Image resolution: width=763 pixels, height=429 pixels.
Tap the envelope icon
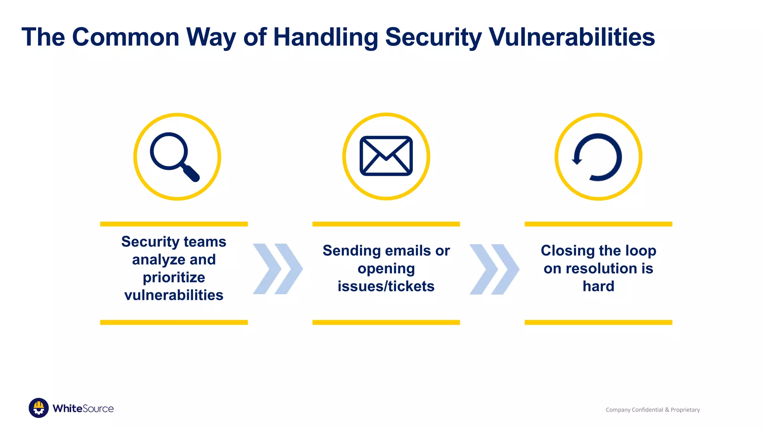[x=386, y=156]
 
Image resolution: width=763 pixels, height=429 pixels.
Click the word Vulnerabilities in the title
[x=572, y=37]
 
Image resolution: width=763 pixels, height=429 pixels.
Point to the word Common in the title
[x=126, y=37]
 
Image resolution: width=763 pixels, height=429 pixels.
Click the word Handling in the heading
[x=325, y=37]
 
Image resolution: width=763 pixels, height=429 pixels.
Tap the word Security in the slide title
[x=433, y=37]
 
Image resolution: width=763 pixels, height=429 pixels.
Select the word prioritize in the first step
[x=174, y=277]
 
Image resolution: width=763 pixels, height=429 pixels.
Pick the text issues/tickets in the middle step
[x=386, y=286]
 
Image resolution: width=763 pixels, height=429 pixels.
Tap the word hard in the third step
[x=598, y=286]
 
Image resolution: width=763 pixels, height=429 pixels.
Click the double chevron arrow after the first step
[x=278, y=269]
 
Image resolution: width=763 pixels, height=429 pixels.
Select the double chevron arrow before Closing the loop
[x=494, y=269]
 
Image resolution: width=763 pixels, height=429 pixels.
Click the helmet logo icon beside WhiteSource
[x=39, y=408]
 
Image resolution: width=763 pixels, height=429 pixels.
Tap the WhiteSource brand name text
[x=83, y=409]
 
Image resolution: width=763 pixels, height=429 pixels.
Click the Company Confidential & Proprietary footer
[x=653, y=410]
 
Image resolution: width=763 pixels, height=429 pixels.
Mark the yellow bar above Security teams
[x=174, y=224]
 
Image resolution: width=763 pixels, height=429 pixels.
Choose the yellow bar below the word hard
[x=598, y=322]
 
